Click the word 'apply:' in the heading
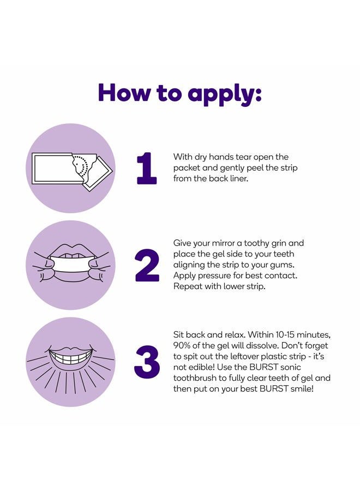point(224,94)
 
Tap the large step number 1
point(147,168)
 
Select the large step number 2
point(147,265)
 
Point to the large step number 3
point(147,361)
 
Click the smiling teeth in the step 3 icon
point(70,357)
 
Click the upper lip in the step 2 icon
point(71,249)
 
